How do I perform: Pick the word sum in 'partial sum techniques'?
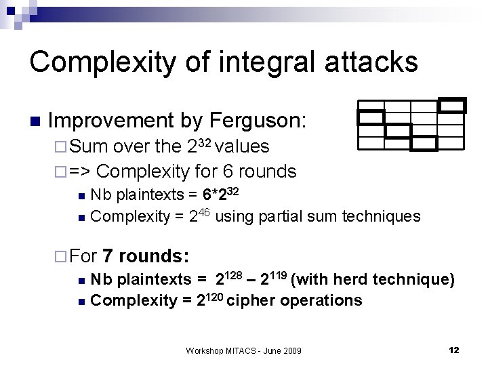[329, 217]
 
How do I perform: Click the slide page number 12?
[454, 350]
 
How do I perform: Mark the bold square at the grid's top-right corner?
[452, 105]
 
